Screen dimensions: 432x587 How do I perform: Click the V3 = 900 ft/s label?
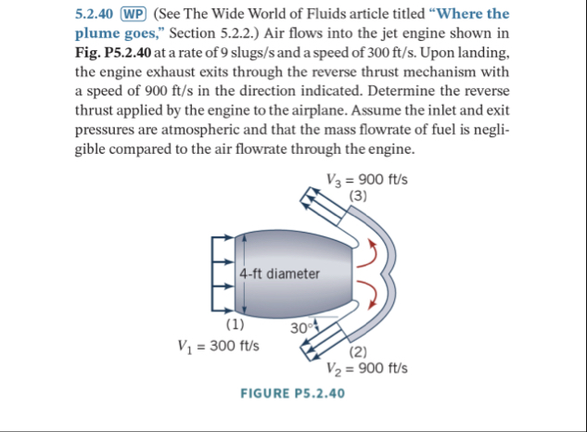368,179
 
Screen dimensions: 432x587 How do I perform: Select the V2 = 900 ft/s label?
368,367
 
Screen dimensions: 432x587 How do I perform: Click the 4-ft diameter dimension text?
279,273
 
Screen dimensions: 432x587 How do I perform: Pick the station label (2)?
360,350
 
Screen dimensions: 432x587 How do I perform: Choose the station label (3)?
359,195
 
